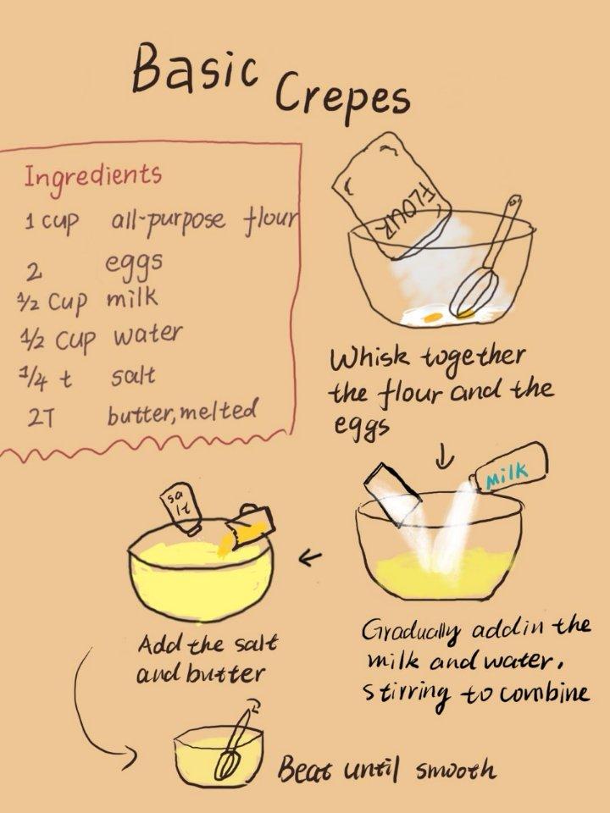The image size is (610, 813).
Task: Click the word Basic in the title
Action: (x=195, y=69)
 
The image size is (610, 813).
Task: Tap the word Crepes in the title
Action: (x=342, y=95)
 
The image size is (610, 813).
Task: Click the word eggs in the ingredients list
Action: (x=135, y=264)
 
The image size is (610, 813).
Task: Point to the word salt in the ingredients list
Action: (x=133, y=375)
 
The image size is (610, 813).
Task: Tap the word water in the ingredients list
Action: (x=147, y=335)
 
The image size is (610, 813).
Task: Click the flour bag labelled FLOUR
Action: (x=391, y=195)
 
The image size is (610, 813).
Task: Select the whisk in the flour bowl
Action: (x=485, y=257)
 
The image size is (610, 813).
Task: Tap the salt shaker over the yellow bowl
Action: (x=181, y=510)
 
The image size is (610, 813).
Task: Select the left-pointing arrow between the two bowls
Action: (x=310, y=558)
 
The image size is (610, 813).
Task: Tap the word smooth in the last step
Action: (x=455, y=769)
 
